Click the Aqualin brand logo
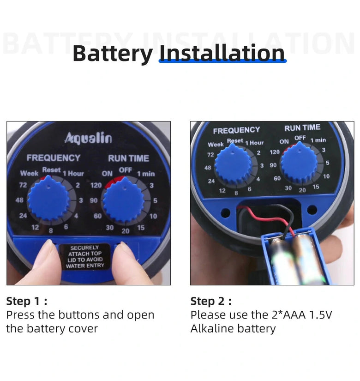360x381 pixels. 89,138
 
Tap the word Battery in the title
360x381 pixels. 113,54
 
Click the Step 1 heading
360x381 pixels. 27,301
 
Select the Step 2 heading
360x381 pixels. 211,301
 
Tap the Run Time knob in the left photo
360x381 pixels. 124,200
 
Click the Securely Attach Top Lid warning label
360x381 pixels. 85,257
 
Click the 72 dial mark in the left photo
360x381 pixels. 23,185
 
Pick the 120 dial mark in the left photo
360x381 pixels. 96,185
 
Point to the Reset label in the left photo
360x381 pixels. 52,169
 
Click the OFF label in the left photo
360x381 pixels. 126,170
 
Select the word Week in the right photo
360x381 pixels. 216,145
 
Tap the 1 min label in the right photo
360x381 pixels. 318,140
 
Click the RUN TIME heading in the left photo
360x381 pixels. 128,158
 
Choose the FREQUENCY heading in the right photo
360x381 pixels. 237,131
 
